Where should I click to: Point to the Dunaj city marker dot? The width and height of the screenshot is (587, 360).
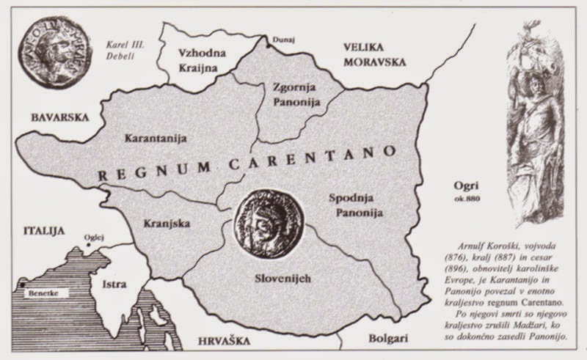[x=267, y=45]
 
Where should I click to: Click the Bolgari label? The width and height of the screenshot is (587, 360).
[x=374, y=341]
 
